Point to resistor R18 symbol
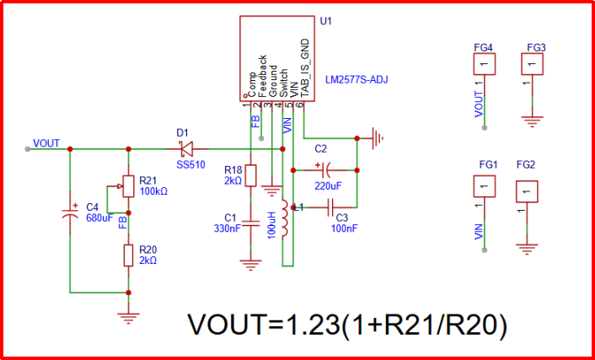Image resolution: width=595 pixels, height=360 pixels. pyautogui.click(x=250, y=179)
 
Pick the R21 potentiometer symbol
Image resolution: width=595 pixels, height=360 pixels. pyautogui.click(x=128, y=184)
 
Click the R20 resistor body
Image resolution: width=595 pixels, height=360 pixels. pyautogui.click(x=128, y=255)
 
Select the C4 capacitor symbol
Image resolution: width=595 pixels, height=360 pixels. pyautogui.click(x=71, y=210)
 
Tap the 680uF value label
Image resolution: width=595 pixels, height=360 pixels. pyautogui.click(x=100, y=217)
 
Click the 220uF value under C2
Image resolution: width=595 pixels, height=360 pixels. pyautogui.click(x=328, y=186)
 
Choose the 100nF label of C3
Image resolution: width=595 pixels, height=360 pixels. pyautogui.click(x=346, y=228)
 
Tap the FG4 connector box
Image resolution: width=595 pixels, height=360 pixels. pyautogui.click(x=483, y=64)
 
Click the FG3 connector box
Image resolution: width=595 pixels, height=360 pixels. pyautogui.click(x=532, y=64)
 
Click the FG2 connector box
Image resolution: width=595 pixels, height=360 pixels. pyautogui.click(x=528, y=192)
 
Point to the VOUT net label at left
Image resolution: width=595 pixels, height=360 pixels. pyautogui.click(x=46, y=142)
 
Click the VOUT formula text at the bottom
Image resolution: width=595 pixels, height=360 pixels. pyautogui.click(x=346, y=324)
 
